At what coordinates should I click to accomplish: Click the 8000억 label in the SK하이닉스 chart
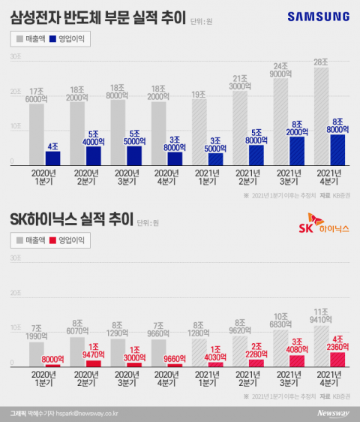pos(52,358)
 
